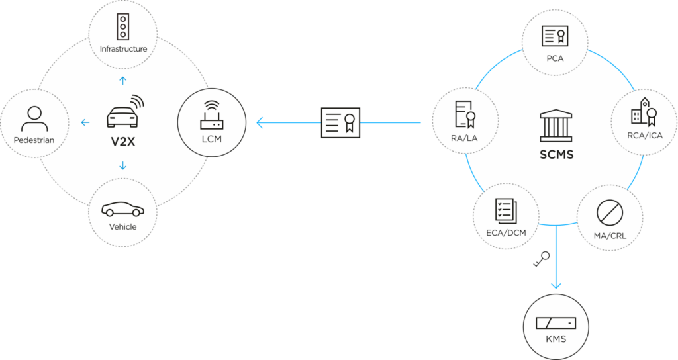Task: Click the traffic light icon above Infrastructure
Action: [122, 26]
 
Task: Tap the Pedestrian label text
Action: [33, 140]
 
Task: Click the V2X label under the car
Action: [122, 141]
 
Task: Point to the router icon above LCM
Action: [211, 114]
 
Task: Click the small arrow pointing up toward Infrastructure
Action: [122, 81]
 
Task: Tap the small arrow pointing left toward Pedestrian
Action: [85, 122]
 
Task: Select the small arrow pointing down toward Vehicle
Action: [122, 165]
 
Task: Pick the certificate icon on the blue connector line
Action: [340, 122]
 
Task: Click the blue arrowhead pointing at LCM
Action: [261, 122]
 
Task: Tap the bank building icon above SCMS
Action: [555, 124]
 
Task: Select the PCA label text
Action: [555, 58]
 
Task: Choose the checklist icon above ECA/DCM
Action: [507, 210]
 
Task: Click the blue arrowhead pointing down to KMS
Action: [556, 285]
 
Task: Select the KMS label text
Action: [556, 339]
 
